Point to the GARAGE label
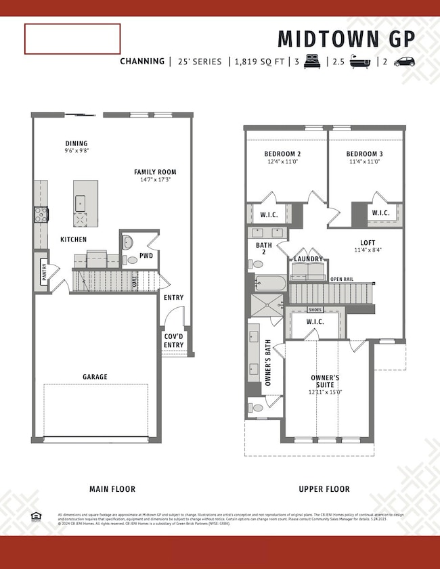(x=95, y=377)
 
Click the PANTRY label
(x=44, y=273)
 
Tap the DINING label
(x=76, y=143)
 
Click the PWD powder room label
(x=146, y=256)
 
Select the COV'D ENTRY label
(x=173, y=340)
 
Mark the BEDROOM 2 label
(x=282, y=154)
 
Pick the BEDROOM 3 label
(x=364, y=154)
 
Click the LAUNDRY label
(x=308, y=259)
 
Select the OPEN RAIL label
(x=343, y=279)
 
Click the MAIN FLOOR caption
(x=112, y=488)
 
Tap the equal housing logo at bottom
(x=35, y=516)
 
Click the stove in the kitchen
(x=41, y=215)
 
